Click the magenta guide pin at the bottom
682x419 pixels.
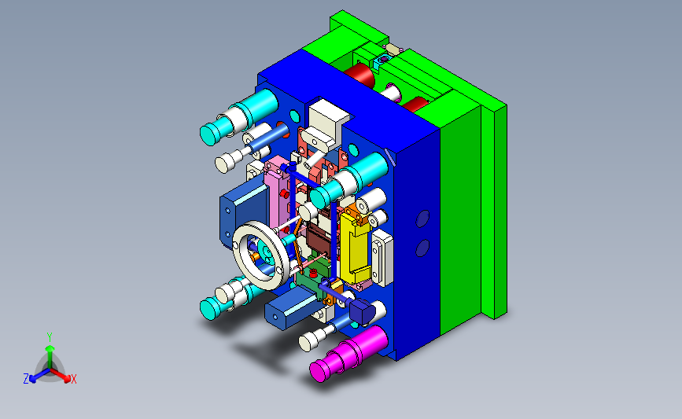coord(348,353)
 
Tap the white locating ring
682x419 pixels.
coord(260,255)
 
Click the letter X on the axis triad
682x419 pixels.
coord(73,379)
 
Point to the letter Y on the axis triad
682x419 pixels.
coord(50,337)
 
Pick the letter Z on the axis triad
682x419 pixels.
coord(26,379)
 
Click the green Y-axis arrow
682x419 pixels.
coord(50,357)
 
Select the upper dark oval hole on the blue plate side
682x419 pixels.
coord(422,219)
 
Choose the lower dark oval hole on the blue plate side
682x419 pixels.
coord(422,248)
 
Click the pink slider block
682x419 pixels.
coord(277,194)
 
